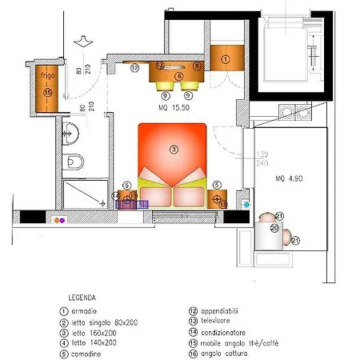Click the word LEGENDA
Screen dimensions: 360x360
coord(84,294)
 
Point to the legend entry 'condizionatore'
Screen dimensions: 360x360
coord(223,331)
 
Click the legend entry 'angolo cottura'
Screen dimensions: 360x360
coord(221,351)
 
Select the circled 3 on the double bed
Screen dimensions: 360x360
coord(173,149)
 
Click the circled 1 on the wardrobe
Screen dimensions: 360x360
coord(225,59)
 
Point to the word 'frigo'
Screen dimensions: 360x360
coord(46,77)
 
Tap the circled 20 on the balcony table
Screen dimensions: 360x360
coord(274,228)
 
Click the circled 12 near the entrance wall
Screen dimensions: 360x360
coord(135,68)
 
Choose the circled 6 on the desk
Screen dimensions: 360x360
coord(179,77)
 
